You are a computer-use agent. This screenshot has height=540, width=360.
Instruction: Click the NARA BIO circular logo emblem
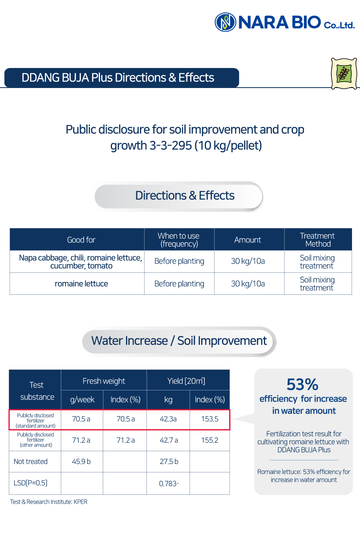[x=225, y=22]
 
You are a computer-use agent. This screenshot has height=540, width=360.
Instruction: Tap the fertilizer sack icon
[x=344, y=74]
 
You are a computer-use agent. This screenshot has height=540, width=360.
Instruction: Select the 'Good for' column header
[x=81, y=240]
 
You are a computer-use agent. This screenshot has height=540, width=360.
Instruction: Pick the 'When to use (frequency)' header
[x=179, y=240]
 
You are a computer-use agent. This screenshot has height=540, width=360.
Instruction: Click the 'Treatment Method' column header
[x=318, y=240]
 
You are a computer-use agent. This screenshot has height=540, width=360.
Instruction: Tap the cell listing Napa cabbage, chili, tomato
[x=81, y=262]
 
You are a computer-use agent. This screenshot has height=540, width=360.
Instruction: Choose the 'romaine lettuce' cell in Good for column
[x=81, y=284]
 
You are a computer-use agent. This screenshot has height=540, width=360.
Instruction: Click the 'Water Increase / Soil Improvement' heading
[x=179, y=341]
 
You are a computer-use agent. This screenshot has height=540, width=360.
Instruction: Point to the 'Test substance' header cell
[x=37, y=391]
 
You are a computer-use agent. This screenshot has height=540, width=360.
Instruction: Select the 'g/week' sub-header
[x=82, y=400]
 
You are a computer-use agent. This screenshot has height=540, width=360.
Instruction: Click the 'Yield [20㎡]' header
[x=186, y=381]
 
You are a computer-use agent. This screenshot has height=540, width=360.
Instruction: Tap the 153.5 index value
[x=210, y=419]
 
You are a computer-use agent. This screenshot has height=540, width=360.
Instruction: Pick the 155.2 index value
[x=210, y=440]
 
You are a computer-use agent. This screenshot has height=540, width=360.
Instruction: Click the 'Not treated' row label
[x=30, y=462]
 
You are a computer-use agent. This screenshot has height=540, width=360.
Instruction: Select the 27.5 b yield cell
[x=169, y=462]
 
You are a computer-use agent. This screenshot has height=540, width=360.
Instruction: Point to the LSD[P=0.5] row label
[x=30, y=483]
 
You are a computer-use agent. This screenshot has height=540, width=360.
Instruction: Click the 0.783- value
[x=169, y=484]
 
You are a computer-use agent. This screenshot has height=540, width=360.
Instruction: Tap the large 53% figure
[x=302, y=385]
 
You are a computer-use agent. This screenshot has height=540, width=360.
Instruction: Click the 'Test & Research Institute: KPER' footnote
[x=48, y=502]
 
